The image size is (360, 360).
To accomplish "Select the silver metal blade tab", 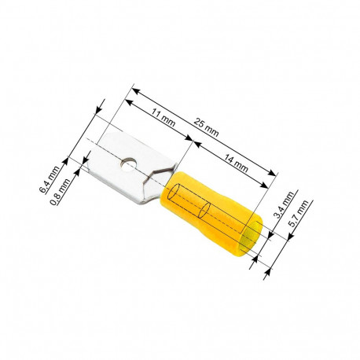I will click(126, 173).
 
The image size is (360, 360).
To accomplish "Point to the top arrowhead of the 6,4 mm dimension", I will click(100, 108).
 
